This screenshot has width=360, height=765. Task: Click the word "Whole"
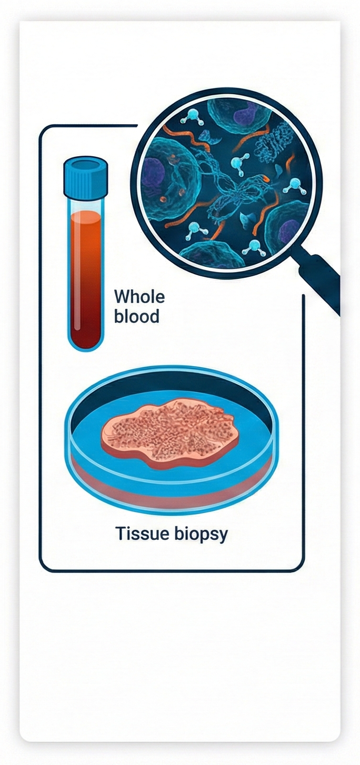[x=139, y=296]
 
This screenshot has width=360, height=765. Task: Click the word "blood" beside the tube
[x=136, y=317]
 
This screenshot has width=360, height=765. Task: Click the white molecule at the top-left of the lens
[x=189, y=119]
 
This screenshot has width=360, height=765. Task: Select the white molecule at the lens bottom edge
[x=254, y=246]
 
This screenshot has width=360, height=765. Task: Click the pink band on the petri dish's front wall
[x=168, y=492]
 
